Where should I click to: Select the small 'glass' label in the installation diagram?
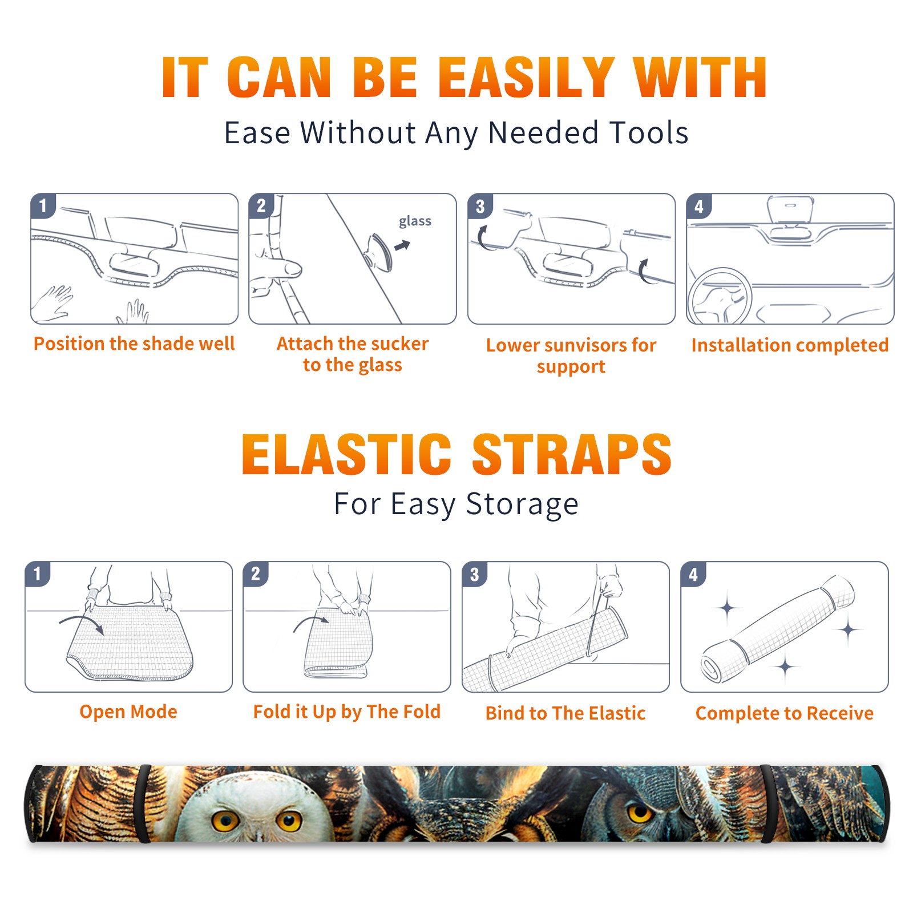click(x=415, y=221)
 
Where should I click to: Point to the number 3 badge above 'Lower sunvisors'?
click(x=480, y=206)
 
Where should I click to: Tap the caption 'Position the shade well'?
click(x=134, y=344)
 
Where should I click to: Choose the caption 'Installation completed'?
click(x=790, y=345)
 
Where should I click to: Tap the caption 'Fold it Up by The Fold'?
click(x=347, y=712)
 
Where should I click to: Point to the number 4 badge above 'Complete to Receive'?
click(x=693, y=574)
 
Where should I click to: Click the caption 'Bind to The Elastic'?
click(x=565, y=713)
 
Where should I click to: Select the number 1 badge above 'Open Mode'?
click(x=38, y=574)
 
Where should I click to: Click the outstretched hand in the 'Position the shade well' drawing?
click(x=52, y=303)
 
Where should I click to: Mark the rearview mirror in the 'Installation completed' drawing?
click(x=790, y=210)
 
